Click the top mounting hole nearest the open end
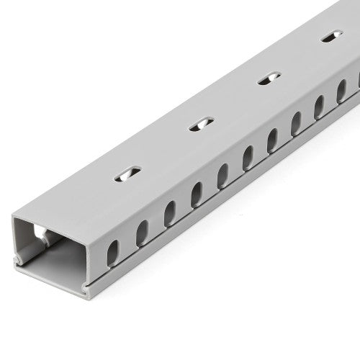[x=129, y=173]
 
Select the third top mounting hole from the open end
[x=268, y=78]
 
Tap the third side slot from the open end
[x=170, y=213]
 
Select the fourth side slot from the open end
[x=196, y=194]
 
